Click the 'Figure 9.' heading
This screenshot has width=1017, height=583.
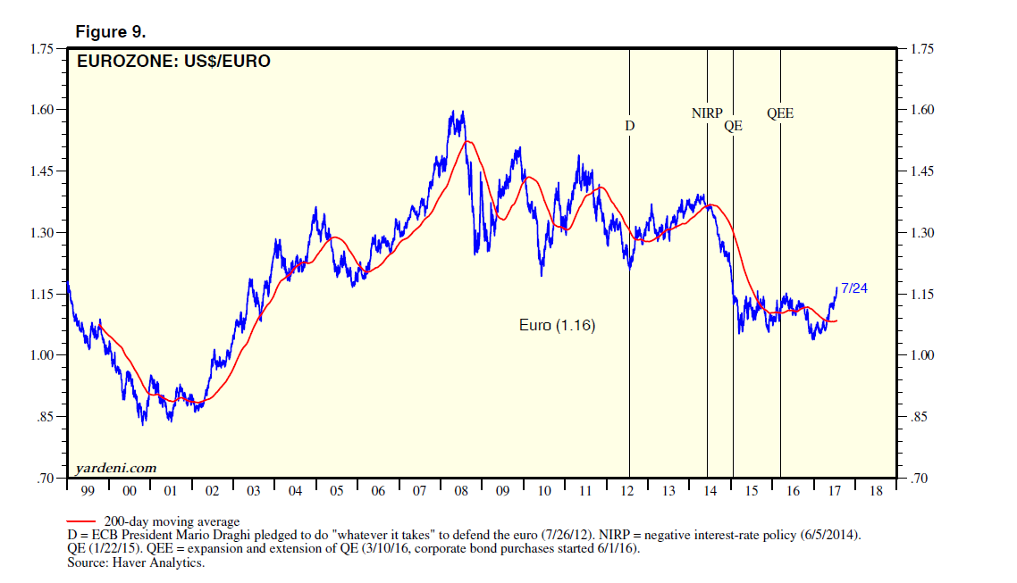pos(110,31)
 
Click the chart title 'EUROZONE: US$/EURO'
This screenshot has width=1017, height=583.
pos(174,62)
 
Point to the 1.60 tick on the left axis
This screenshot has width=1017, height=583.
pos(44,110)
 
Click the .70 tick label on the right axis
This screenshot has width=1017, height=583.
pos(920,479)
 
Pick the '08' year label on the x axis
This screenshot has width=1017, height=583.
pos(461,491)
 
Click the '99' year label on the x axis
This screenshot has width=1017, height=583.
pos(88,491)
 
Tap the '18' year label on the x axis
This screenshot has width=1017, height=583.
pos(876,491)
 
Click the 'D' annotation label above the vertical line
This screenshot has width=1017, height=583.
pos(629,126)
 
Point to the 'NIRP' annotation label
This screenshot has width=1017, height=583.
pos(707,113)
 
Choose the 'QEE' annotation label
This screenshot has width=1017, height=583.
pos(780,113)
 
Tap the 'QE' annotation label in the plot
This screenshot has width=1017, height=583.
pos(733,126)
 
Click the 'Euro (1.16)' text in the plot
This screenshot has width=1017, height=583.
pos(557,326)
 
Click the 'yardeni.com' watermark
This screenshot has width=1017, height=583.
pos(116,468)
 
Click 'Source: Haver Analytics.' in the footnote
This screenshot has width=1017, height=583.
pos(137,563)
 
